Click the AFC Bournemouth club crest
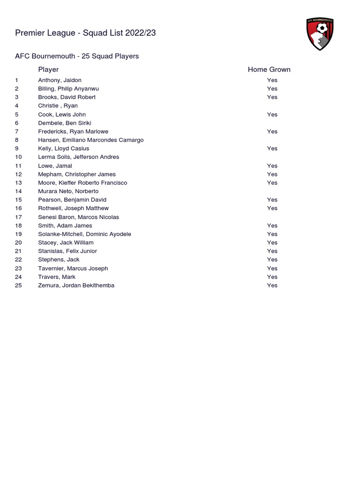[320, 34]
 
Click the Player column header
[48, 69]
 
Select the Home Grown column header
[269, 69]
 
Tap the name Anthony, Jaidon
[60, 80]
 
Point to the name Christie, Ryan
[58, 106]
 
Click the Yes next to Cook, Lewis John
[272, 114]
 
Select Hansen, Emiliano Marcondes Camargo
[91, 140]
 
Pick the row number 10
[18, 157]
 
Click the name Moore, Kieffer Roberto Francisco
[82, 183]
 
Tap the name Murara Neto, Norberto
[68, 191]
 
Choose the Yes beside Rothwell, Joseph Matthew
[272, 208]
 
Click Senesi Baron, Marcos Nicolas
[78, 217]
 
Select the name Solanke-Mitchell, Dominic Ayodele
[84, 234]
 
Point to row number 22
[18, 260]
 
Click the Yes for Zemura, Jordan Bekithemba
[272, 285]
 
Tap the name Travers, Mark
[57, 277]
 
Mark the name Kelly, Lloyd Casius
[63, 149]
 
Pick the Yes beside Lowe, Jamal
[272, 166]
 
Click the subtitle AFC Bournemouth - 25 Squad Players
[77, 56]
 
